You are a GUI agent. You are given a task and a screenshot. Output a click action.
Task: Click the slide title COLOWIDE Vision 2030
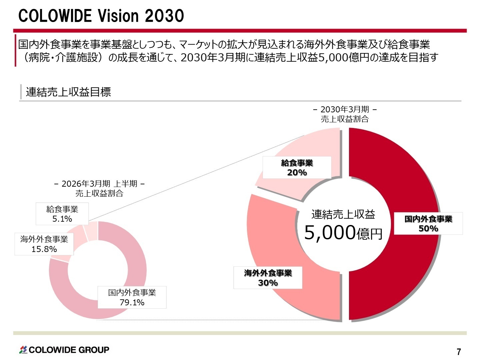point(101,16)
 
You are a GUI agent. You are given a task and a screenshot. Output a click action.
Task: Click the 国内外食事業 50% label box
point(428,223)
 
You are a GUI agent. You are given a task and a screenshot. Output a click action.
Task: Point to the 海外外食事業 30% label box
point(268,278)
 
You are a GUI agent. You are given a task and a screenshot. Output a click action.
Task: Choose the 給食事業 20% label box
point(297,168)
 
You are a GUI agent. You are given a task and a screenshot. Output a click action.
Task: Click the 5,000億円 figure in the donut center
point(343,232)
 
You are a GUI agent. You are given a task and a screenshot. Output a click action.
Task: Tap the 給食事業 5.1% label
point(62,214)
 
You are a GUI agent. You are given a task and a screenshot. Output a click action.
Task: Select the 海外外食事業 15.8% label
point(44,244)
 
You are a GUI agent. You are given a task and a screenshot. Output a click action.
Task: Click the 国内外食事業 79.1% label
point(132,297)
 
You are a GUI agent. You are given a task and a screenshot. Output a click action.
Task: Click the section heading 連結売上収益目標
point(68,92)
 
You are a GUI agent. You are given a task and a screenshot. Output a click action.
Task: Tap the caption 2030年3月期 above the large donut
point(345,109)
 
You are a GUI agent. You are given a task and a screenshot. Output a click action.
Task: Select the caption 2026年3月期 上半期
point(99,184)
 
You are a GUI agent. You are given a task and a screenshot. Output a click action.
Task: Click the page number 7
point(459,352)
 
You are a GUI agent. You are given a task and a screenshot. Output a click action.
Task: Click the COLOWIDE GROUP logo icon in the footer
point(23,350)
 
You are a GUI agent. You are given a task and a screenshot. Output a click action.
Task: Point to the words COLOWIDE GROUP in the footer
point(69,350)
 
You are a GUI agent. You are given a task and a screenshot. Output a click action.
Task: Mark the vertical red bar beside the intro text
point(15,51)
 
